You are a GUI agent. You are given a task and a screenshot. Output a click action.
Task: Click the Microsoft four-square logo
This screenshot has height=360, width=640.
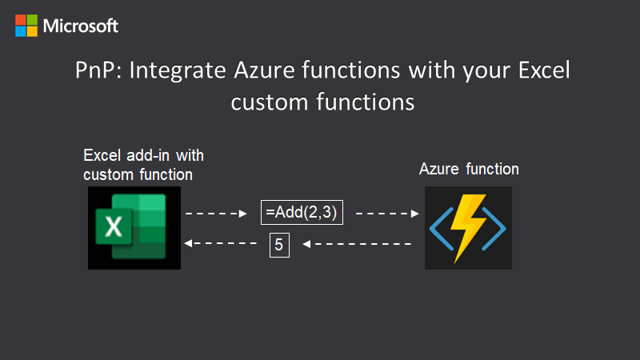pyautogui.click(x=26, y=26)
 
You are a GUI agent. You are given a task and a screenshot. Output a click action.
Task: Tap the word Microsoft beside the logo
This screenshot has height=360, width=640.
pyautogui.click(x=81, y=26)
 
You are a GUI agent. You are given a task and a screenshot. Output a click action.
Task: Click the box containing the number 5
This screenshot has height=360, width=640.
pyautogui.click(x=278, y=244)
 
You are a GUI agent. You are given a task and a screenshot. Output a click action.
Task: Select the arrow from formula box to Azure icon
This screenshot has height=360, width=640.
pyautogui.click(x=387, y=214)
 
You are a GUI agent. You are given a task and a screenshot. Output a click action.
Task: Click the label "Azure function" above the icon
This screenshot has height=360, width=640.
pyautogui.click(x=469, y=170)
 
